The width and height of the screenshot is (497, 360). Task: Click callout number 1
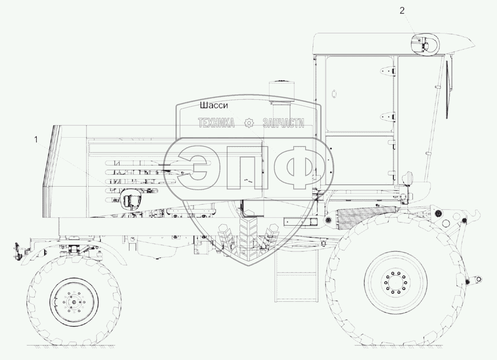point(36,139)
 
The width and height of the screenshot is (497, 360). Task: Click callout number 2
point(402,11)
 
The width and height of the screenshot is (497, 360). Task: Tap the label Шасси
point(213,105)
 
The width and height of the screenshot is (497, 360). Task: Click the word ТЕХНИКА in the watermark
point(217,123)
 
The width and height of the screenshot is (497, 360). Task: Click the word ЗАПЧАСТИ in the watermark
point(284,123)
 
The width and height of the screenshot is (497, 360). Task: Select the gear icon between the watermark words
point(250,123)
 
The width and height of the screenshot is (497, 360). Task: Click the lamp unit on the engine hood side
point(130,200)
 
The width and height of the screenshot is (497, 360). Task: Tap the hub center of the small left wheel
point(74,302)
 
